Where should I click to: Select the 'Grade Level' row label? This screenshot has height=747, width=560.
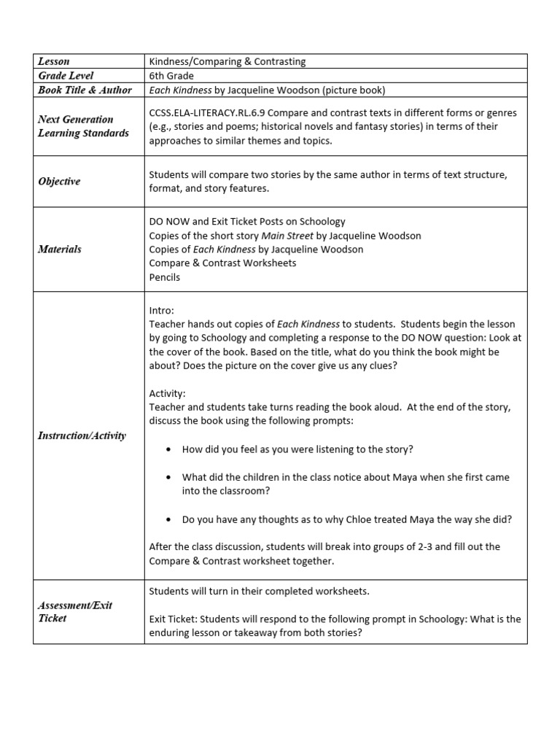[x=66, y=76]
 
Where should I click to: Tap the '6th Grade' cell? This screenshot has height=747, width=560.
[x=171, y=76]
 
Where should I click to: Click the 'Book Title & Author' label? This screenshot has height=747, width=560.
[x=85, y=90]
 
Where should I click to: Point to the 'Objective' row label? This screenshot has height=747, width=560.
[x=59, y=181]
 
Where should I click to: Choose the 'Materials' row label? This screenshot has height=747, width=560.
[x=60, y=249]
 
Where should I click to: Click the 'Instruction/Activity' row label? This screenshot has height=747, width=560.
[x=82, y=436]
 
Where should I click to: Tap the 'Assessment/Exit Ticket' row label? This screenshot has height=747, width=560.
[x=75, y=611]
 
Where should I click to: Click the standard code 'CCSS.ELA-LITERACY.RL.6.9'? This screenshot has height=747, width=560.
[x=209, y=112]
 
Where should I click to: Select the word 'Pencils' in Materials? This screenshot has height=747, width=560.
[x=164, y=277]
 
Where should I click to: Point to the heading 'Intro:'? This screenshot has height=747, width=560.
[x=161, y=310]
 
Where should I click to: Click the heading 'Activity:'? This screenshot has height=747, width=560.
[x=167, y=393]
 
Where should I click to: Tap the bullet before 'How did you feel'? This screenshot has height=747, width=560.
[x=168, y=450]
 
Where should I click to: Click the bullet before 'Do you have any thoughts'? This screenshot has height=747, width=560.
[x=168, y=520]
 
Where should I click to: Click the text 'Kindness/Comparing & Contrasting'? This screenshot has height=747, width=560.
[x=227, y=61]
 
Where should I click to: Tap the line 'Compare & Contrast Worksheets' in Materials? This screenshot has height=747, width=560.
[x=222, y=263]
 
